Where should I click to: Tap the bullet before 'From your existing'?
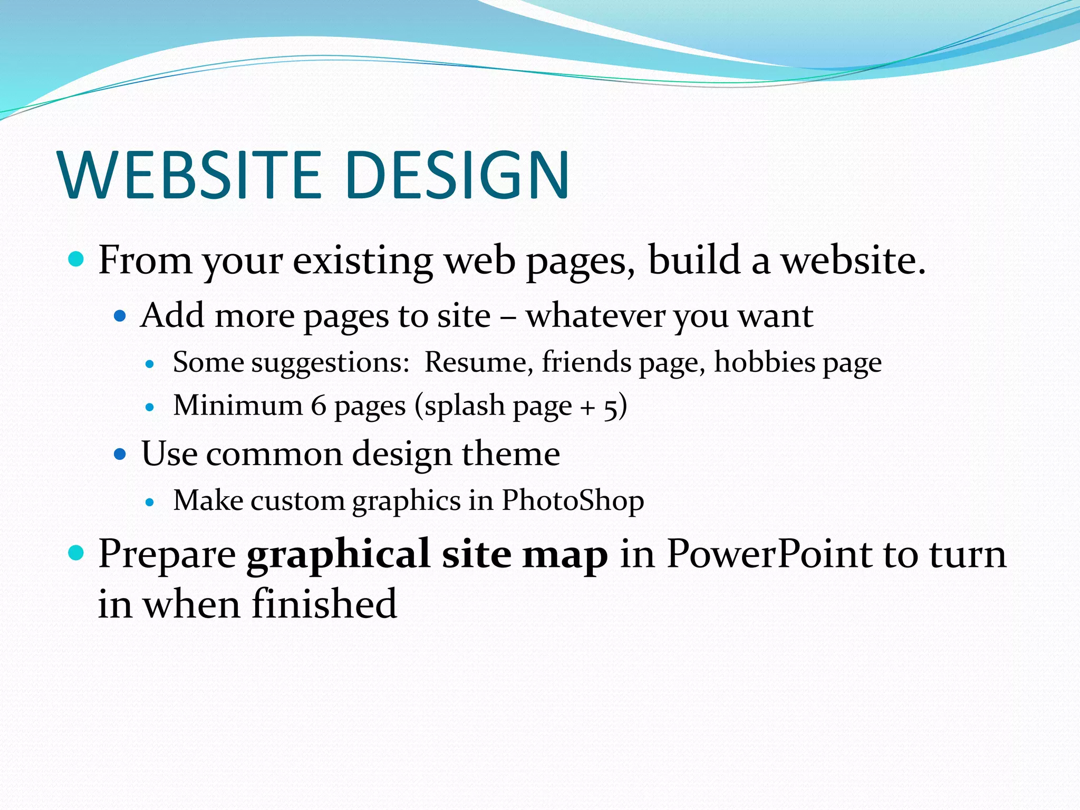point(77,259)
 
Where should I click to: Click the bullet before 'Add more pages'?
point(121,316)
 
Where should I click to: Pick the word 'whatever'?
point(595,316)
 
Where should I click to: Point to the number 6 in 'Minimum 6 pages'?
point(319,406)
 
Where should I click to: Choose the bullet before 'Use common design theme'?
point(121,454)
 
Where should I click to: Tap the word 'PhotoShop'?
point(572,500)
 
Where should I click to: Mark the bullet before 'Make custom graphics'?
point(150,503)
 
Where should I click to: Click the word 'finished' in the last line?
point(324,604)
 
